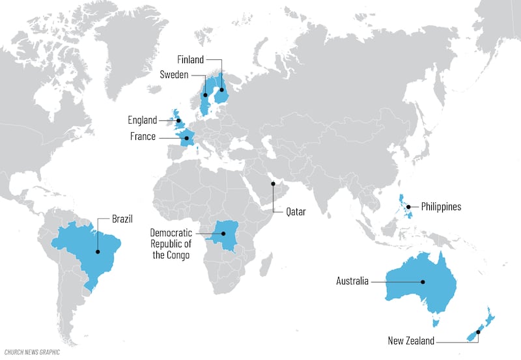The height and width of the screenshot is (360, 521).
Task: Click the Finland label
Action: [190, 60]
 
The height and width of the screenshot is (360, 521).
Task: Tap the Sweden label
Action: [174, 75]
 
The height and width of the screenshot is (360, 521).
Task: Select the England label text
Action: [142, 120]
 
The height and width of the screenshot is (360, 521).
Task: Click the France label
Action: [143, 137]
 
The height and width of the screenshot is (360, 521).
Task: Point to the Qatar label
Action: [295, 212]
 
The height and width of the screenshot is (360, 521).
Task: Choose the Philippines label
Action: [441, 207]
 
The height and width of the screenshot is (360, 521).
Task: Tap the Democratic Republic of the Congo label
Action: [171, 243]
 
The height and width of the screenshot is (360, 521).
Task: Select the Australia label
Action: [352, 281]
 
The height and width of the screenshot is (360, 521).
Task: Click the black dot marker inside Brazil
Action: [98, 251]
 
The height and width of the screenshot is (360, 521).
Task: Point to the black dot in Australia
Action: [423, 282]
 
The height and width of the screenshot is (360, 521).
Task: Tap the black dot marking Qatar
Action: [274, 184]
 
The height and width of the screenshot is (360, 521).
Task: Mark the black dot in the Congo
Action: [223, 234]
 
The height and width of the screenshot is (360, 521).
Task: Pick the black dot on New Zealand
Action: [477, 332]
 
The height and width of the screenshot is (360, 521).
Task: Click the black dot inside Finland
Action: [220, 90]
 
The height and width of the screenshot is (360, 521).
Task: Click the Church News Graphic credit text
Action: [31, 352]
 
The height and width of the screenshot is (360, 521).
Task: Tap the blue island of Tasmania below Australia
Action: [436, 322]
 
